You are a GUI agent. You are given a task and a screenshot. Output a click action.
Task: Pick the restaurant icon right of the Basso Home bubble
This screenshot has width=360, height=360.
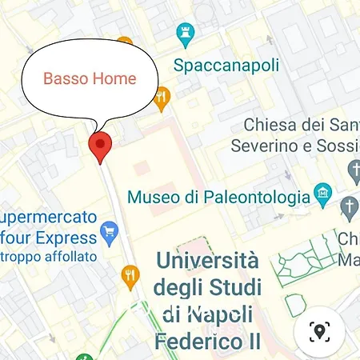pyautogui.click(x=162, y=98)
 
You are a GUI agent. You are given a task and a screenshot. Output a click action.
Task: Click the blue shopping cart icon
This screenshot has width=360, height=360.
pyautogui.click(x=110, y=236)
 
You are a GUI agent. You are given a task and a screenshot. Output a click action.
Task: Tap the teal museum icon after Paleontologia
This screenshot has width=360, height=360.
pyautogui.click(x=322, y=193)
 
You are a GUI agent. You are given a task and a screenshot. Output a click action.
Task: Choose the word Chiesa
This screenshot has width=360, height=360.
pyautogui.click(x=268, y=125)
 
